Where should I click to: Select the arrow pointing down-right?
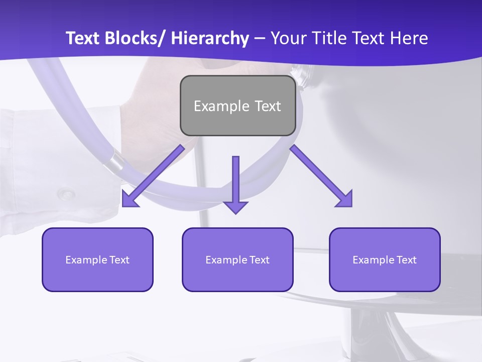[321, 176]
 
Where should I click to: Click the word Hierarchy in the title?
[210, 38]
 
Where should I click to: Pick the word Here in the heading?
[409, 38]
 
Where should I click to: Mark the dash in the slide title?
[260, 39]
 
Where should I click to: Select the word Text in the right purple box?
[406, 260]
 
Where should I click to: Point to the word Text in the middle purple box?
[259, 260]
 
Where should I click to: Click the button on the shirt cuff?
[65, 194]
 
